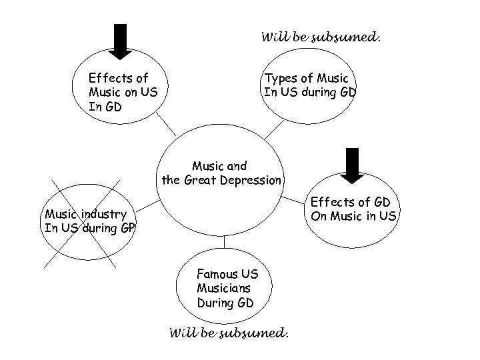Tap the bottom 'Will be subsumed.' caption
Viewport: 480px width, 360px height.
coord(229,331)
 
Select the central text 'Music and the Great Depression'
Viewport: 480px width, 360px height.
coord(220,173)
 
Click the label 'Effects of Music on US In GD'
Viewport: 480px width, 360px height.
coord(123,93)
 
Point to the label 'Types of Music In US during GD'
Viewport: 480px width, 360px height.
coord(310,85)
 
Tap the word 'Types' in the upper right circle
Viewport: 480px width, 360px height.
coord(281,79)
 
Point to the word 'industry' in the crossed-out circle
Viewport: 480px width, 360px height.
coord(105,214)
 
